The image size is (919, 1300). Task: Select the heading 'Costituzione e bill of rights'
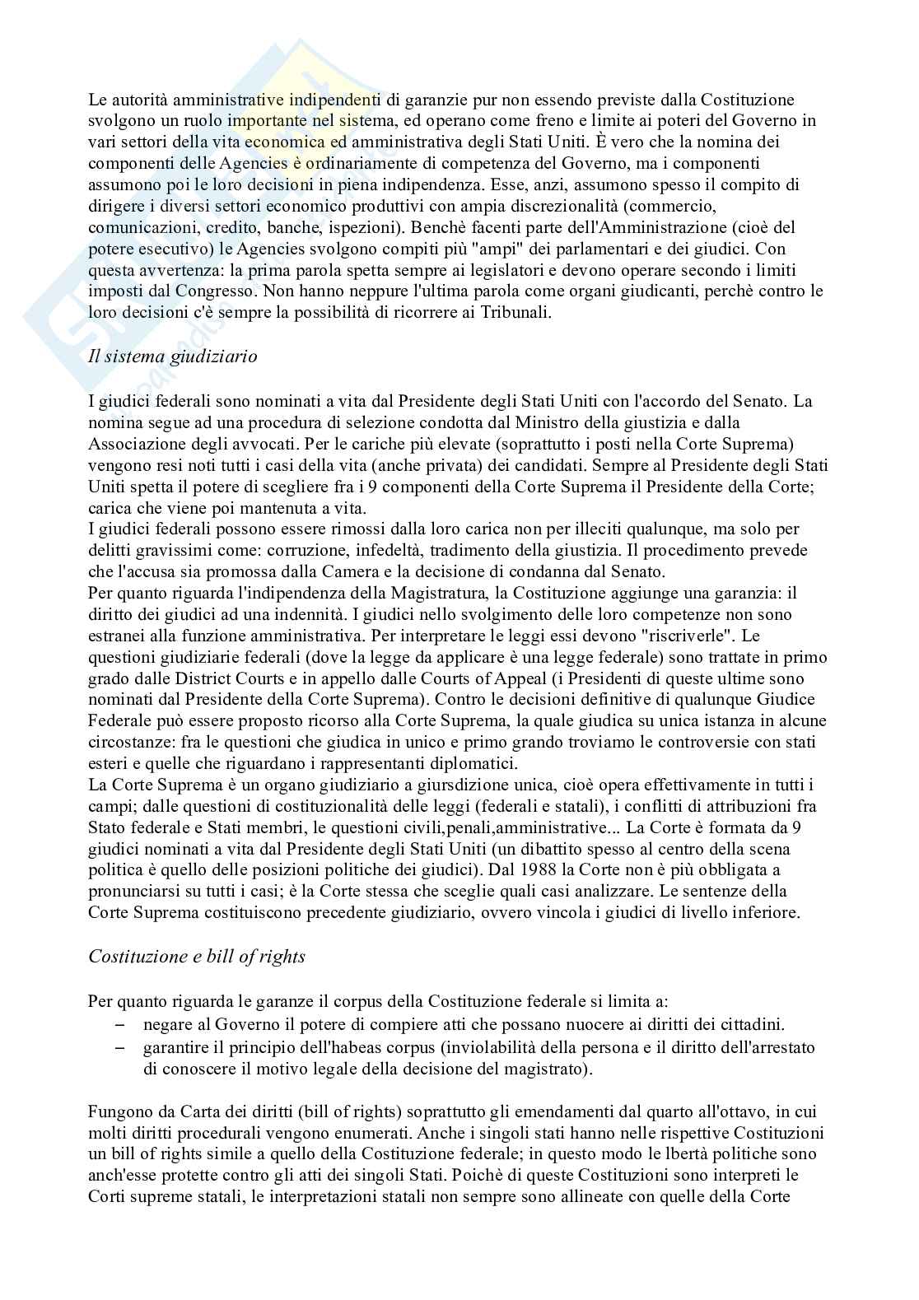click(197, 956)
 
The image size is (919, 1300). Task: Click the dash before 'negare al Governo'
click(121, 1026)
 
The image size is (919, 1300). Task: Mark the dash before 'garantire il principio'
click(121, 1048)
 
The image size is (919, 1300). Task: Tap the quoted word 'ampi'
click(579, 249)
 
